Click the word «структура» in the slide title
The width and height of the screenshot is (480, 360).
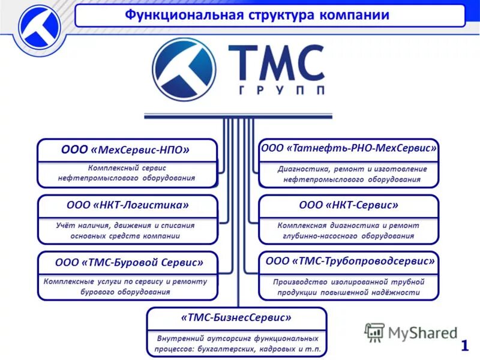pos(283,15)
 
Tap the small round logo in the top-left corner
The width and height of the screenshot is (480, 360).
pos(39,27)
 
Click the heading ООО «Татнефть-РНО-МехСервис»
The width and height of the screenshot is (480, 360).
pos(349,148)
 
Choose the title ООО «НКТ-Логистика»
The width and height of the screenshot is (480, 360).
pos(127,205)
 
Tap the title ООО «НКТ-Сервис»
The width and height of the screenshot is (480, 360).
pos(349,205)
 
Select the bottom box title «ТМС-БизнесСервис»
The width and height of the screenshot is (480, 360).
pos(236,317)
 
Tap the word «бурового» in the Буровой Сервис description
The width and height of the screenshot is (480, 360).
pos(98,292)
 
